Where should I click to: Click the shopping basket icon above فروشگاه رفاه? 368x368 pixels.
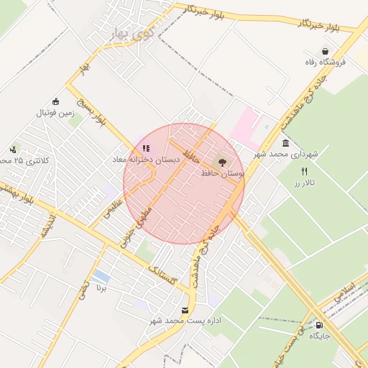coord(327,52)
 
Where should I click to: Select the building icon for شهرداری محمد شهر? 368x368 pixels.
coord(285,143)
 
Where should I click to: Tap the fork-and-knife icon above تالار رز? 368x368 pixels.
coord(304,172)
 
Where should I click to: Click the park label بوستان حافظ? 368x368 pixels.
coord(223,173)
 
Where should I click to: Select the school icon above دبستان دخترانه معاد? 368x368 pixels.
coord(146,149)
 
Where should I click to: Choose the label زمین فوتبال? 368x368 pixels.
coord(56,113)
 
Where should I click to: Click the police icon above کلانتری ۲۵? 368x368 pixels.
coord(14,149)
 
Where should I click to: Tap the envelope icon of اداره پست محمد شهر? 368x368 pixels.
coord(186,310)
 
